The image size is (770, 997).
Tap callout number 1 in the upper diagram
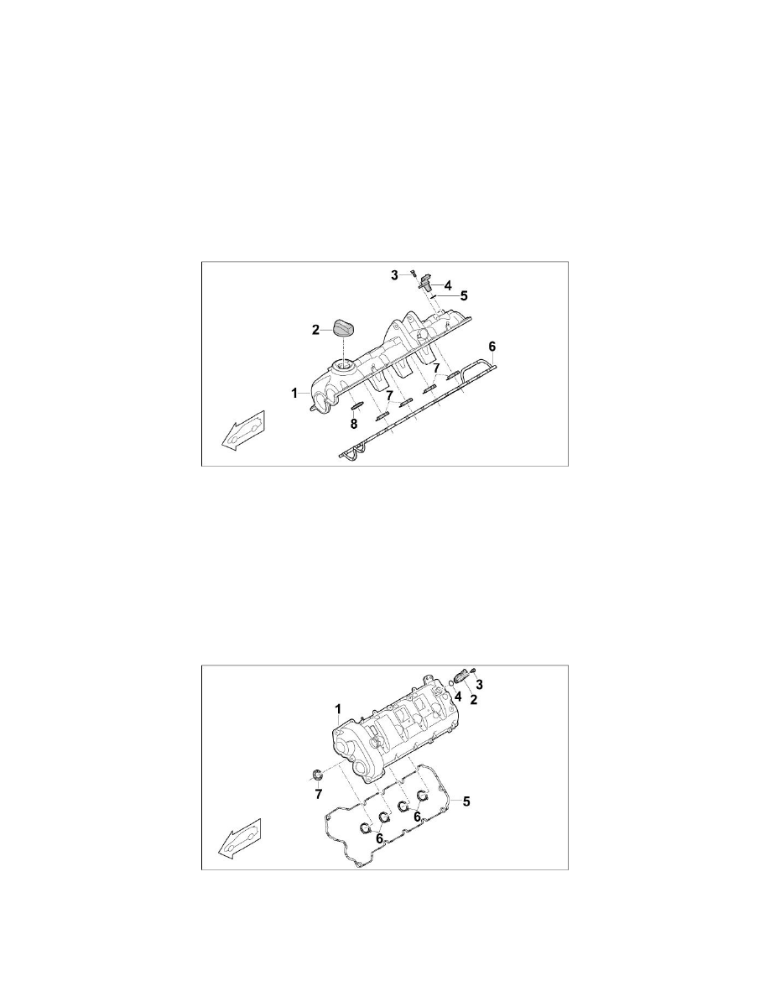click(294, 392)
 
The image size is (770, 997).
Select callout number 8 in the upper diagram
click(354, 425)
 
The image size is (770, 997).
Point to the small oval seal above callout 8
click(356, 409)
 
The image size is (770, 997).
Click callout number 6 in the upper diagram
click(492, 346)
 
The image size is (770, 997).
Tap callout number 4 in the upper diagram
click(448, 284)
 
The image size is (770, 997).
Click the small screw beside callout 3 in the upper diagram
click(414, 273)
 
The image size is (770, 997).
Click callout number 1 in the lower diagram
click(337, 709)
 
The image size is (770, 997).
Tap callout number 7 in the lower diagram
click(318, 794)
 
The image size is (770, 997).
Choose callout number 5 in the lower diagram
click(467, 801)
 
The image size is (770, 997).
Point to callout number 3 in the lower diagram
click(479, 685)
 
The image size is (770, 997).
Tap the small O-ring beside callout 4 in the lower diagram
click(452, 682)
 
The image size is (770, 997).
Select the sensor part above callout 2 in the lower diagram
click(463, 676)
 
